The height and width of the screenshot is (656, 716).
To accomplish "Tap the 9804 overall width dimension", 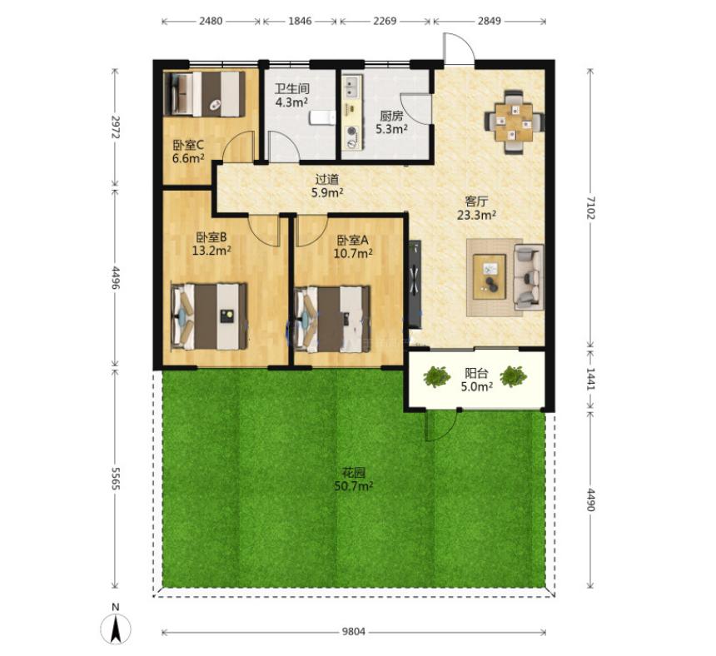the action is click(354, 632).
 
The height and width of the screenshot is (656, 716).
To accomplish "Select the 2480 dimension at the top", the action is click(211, 21).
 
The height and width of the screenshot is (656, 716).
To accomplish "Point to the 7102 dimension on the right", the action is click(591, 208).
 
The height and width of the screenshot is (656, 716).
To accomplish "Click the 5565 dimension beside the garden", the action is click(115, 479).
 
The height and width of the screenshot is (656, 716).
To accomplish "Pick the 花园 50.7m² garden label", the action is click(354, 480).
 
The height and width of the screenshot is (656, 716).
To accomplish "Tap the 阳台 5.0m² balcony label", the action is click(477, 380).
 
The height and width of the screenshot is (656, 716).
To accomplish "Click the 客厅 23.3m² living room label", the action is click(477, 208).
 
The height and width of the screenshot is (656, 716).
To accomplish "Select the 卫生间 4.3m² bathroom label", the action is click(291, 95).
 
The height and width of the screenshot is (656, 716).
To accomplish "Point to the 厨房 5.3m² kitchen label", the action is click(391, 122).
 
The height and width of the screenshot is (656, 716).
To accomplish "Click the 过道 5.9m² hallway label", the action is click(327, 186).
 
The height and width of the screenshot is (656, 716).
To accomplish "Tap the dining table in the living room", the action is click(515, 122).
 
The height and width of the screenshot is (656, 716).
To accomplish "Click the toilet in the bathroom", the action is click(322, 117).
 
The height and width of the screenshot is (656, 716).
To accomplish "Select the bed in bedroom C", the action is click(205, 93).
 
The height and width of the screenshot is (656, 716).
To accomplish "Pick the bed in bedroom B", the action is click(210, 316).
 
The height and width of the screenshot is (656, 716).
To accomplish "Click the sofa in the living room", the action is click(529, 277).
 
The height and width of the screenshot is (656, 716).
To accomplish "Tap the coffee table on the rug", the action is click(490, 277).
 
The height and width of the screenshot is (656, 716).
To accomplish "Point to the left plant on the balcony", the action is click(437, 376).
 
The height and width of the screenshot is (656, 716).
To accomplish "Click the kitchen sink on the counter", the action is click(351, 87).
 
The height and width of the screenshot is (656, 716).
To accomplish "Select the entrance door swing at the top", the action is click(459, 48).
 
